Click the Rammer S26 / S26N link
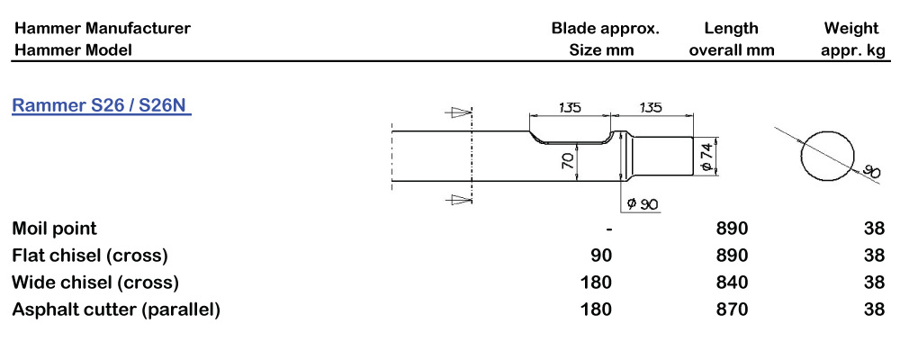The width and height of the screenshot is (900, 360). (x=99, y=106)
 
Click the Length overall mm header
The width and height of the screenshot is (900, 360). (x=732, y=39)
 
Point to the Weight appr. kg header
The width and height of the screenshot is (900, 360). (x=853, y=39)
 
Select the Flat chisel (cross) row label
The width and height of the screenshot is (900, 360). (x=90, y=256)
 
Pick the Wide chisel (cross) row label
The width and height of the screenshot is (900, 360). (x=95, y=283)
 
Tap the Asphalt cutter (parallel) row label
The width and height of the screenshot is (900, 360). (x=116, y=310)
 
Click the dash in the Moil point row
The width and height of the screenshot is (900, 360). (x=609, y=229)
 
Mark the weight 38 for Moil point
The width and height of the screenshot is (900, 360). (x=873, y=229)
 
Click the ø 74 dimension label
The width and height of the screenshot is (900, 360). (x=707, y=155)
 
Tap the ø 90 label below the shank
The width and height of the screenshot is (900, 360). (x=643, y=204)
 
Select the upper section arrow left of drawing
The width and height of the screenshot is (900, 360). (x=460, y=112)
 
